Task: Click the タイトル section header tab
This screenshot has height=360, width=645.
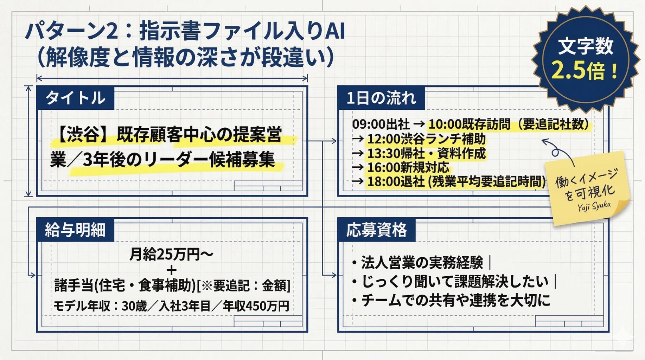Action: (75, 98)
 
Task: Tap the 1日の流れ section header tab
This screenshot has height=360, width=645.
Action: (381, 98)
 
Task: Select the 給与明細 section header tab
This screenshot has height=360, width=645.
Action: (75, 230)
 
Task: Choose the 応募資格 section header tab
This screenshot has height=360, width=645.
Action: (376, 230)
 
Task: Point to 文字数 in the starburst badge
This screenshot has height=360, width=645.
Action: (586, 46)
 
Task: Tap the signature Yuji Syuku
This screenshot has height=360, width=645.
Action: (594, 206)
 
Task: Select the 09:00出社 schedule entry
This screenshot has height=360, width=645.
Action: (381, 124)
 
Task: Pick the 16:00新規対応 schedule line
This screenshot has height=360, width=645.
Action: (408, 167)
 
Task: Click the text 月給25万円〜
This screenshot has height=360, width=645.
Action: (171, 254)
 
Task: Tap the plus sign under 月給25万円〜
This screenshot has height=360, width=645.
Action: (172, 270)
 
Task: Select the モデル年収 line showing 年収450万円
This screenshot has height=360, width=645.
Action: (171, 306)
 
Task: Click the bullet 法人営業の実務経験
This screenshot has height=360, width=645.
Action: (422, 262)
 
